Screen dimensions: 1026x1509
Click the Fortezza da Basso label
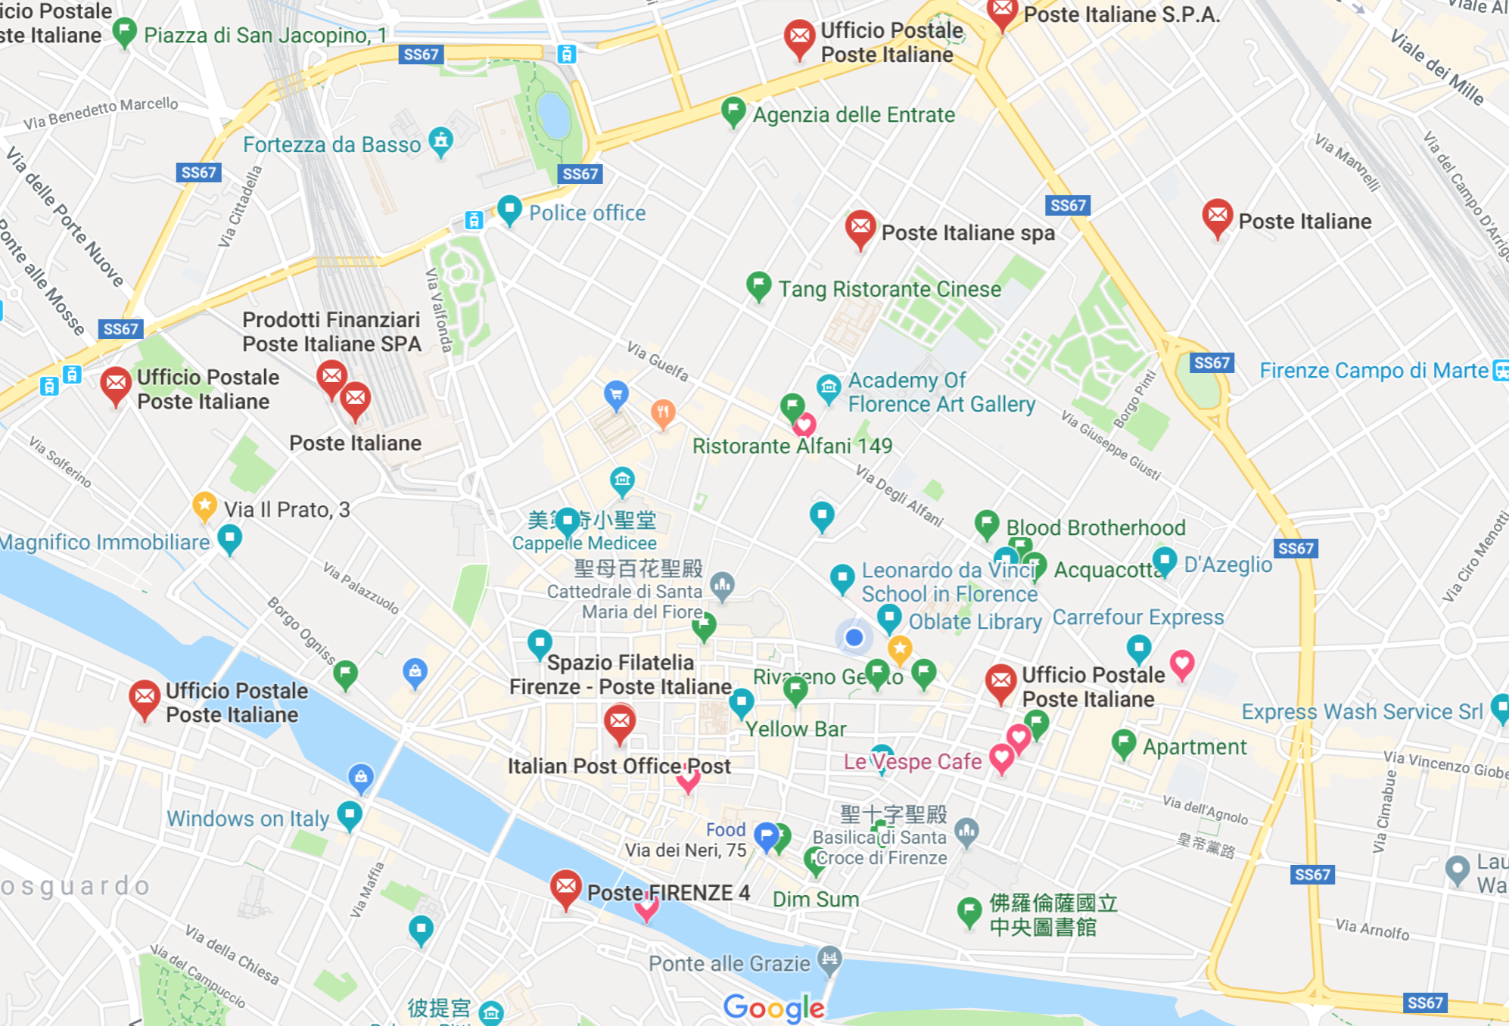pyautogui.click(x=331, y=145)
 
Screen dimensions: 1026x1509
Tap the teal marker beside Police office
pyautogui.click(x=509, y=210)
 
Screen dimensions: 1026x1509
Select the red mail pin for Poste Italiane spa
pyautogui.click(x=860, y=228)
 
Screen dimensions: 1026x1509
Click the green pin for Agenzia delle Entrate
pyautogui.click(x=733, y=111)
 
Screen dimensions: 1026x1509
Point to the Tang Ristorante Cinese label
pyautogui.click(x=890, y=289)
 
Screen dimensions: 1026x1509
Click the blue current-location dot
pyautogui.click(x=854, y=637)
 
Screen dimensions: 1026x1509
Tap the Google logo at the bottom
pyautogui.click(x=773, y=1007)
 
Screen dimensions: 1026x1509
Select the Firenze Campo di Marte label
pyautogui.click(x=1374, y=371)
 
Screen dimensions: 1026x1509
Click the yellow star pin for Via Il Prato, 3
pyautogui.click(x=204, y=505)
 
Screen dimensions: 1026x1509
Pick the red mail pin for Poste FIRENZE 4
pyautogui.click(x=565, y=888)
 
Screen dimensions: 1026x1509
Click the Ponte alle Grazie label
pyautogui.click(x=729, y=963)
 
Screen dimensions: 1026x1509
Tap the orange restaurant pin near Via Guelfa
pyautogui.click(x=663, y=412)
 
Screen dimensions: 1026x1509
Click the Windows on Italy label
pyautogui.click(x=247, y=819)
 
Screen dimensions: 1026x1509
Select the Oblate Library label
pyautogui.click(x=975, y=622)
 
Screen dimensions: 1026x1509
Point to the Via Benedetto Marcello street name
pyautogui.click(x=101, y=113)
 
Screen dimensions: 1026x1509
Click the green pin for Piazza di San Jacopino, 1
pyautogui.click(x=125, y=32)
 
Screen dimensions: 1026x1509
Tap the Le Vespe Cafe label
pyautogui.click(x=913, y=761)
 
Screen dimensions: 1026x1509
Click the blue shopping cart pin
pyautogui.click(x=616, y=394)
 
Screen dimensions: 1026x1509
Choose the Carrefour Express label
pyautogui.click(x=1137, y=617)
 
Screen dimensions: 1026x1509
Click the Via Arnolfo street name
pyautogui.click(x=1372, y=928)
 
